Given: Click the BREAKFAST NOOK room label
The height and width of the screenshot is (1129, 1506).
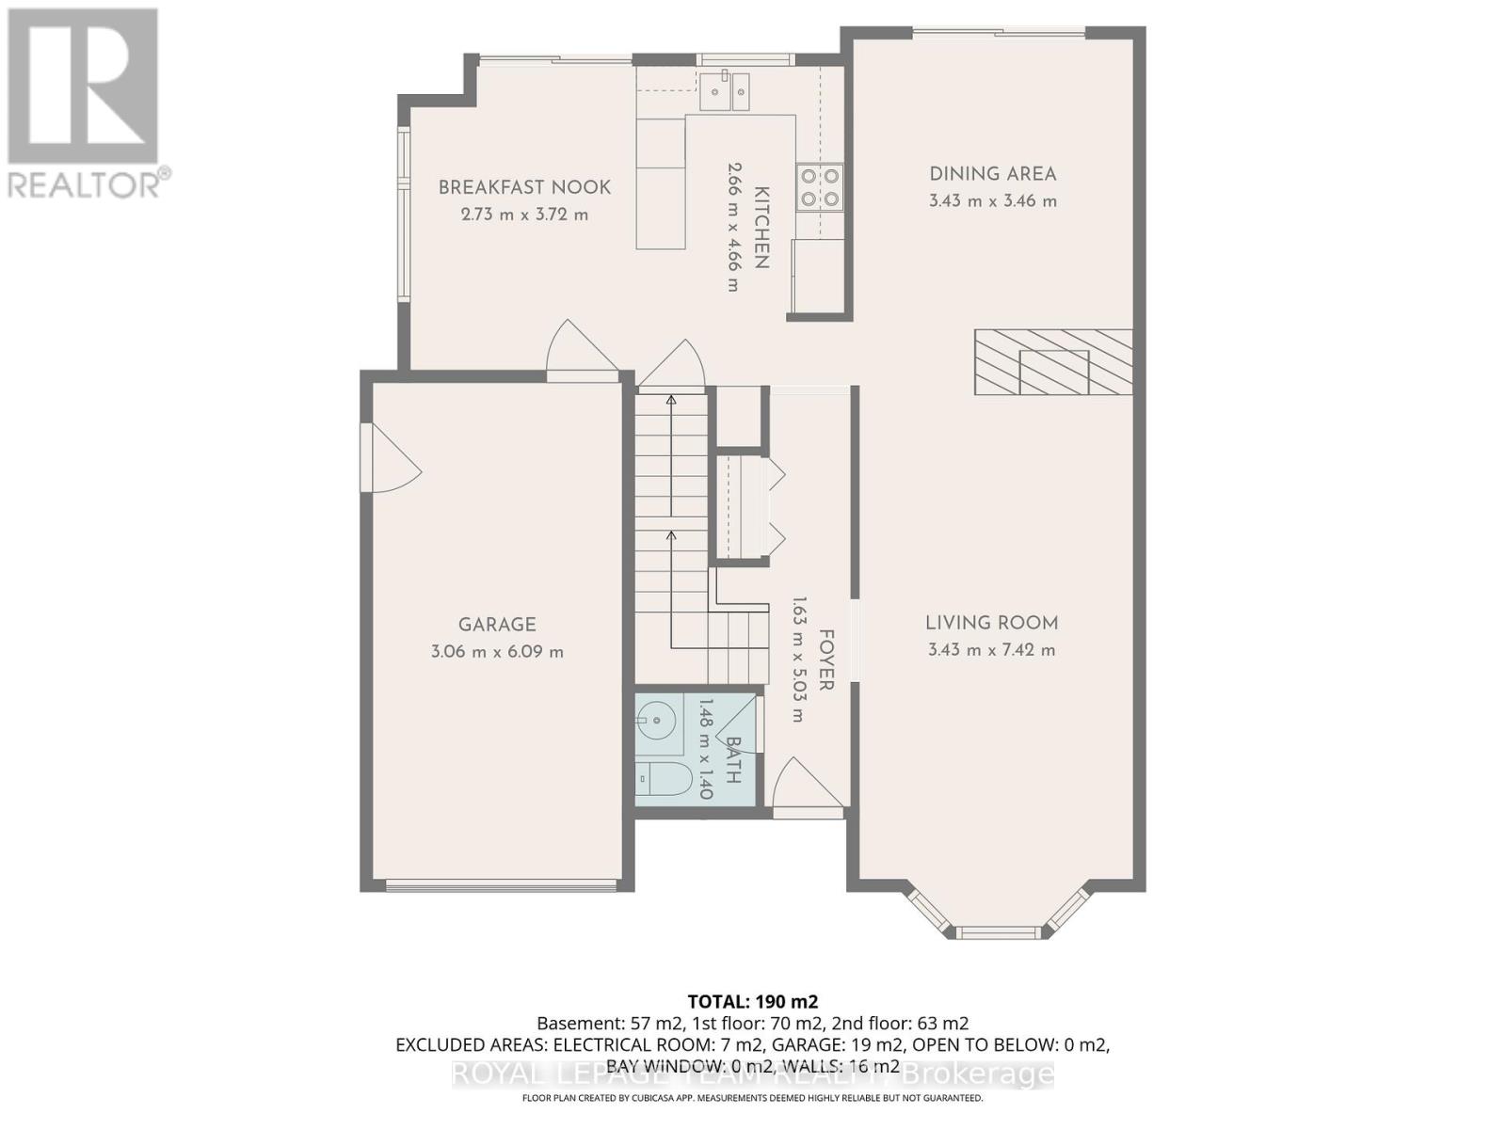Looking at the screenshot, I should pos(524,187).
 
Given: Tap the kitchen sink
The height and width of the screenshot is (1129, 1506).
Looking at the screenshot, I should pos(726,91).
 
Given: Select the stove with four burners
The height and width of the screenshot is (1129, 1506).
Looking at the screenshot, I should pos(820,186).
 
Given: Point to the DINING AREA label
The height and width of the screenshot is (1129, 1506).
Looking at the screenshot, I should pos(992,174).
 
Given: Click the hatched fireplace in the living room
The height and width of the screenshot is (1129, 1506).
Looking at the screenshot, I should pos(1053,362).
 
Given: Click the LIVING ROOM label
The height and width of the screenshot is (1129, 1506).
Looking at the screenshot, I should pos(991,623).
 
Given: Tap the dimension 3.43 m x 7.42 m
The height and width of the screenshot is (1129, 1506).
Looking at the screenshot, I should pos(991,650).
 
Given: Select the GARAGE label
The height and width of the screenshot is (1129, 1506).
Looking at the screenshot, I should pos(497,625).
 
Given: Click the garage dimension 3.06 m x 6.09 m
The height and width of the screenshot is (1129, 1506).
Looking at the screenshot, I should pos(497,652).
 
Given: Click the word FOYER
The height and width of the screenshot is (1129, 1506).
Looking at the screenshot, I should pos(825,660).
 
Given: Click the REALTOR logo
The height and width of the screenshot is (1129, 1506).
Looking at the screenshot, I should pos(85,103).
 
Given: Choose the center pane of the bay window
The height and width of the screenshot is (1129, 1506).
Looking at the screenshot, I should pos(999,932).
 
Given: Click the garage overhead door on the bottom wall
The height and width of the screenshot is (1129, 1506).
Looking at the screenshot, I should pos(500,884).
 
